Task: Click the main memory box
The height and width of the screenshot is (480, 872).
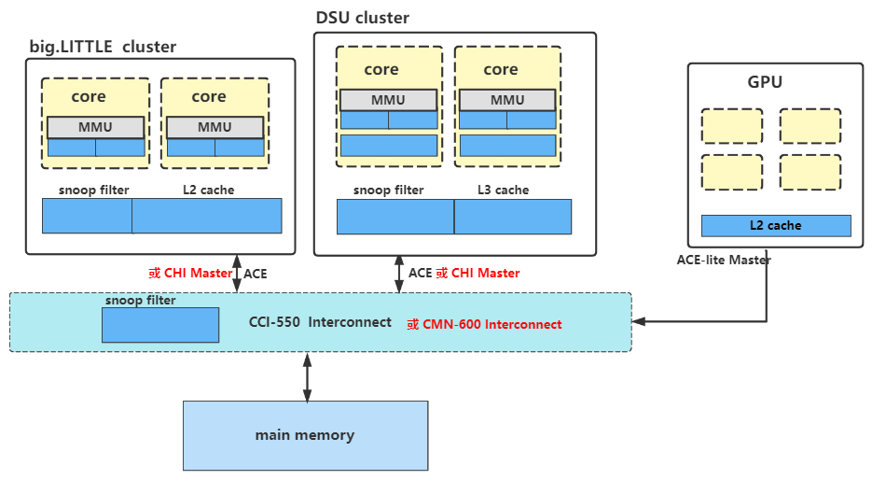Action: pyautogui.click(x=305, y=435)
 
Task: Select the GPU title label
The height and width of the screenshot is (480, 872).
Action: pyautogui.click(x=765, y=82)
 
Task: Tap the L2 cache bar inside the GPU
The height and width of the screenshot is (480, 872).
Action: pyautogui.click(x=776, y=226)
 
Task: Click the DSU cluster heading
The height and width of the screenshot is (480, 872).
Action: pyautogui.click(x=363, y=18)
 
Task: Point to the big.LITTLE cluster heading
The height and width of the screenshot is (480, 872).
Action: pyautogui.click(x=103, y=47)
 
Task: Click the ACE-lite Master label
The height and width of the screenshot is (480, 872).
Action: pyautogui.click(x=724, y=260)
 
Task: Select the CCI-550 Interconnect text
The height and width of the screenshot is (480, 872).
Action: pyautogui.click(x=320, y=323)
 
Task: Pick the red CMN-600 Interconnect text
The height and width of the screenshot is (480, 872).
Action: pyautogui.click(x=484, y=324)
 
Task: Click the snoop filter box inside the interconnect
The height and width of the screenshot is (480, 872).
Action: pyautogui.click(x=160, y=324)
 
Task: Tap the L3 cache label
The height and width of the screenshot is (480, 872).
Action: pyautogui.click(x=503, y=190)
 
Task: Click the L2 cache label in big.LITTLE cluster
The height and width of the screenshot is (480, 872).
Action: pyautogui.click(x=209, y=190)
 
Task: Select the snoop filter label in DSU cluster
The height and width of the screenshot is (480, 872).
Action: pyautogui.click(x=388, y=190)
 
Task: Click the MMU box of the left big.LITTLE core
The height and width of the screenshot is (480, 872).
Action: pyautogui.click(x=96, y=127)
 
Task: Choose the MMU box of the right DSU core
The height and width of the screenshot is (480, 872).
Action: pyautogui.click(x=507, y=100)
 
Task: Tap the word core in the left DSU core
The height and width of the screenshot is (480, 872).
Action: pyautogui.click(x=381, y=69)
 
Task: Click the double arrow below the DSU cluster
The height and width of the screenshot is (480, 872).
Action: pyautogui.click(x=398, y=274)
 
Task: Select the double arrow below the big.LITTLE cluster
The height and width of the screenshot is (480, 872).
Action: pyautogui.click(x=237, y=274)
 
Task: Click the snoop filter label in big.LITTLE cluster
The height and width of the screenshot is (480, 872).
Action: pyautogui.click(x=88, y=190)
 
